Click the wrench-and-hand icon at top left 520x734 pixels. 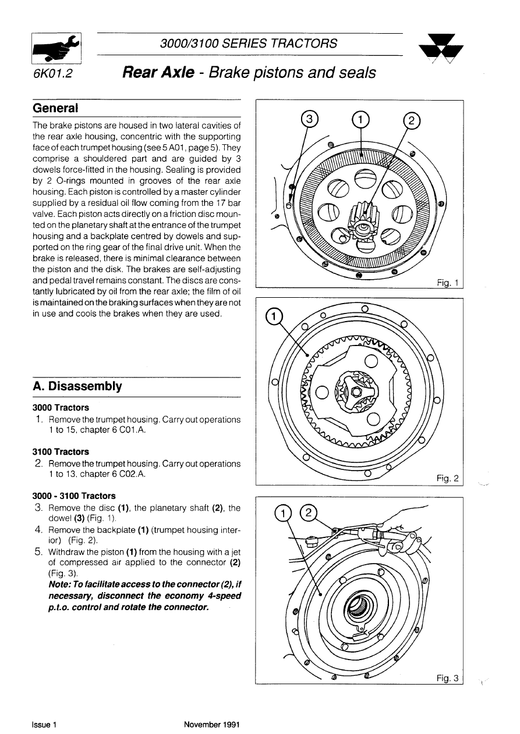click(56, 48)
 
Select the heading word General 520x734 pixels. click(55, 109)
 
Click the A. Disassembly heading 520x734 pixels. click(77, 386)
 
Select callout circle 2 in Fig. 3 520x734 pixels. click(308, 512)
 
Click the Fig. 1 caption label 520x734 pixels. click(448, 283)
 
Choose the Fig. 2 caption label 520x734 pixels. click(448, 479)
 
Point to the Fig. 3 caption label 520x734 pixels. click(448, 678)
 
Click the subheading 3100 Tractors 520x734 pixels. click(61, 452)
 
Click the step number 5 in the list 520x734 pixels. click(37, 551)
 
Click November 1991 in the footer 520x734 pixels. click(212, 725)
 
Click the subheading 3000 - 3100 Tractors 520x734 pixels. click(74, 496)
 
